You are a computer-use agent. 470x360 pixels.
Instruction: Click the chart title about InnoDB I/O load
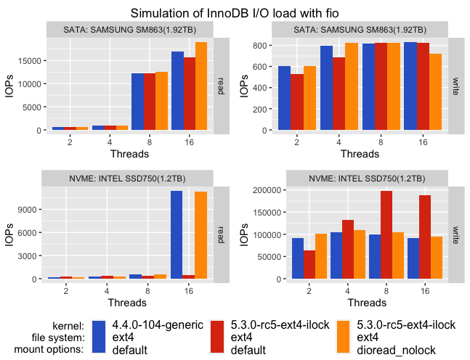click(x=235, y=13)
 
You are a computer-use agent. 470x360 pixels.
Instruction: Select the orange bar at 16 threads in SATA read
click(x=201, y=86)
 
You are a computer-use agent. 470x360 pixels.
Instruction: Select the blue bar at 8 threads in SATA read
click(x=137, y=102)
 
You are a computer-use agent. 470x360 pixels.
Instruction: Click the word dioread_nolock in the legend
click(x=394, y=351)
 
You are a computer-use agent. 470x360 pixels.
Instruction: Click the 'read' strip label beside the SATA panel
click(x=222, y=84)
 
